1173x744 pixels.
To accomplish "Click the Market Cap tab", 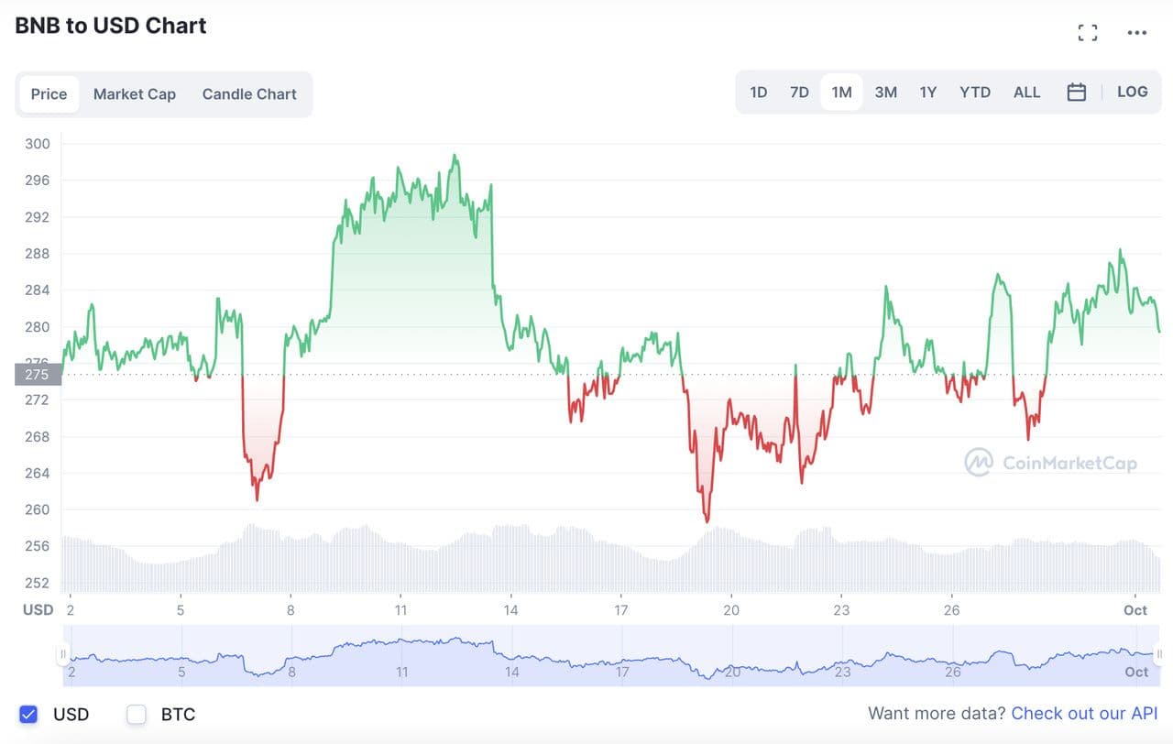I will pyautogui.click(x=134, y=94).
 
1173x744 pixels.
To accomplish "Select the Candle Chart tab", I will pyautogui.click(x=249, y=94).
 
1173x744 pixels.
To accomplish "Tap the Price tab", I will pyautogui.click(x=49, y=94).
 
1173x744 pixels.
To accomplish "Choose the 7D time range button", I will pyautogui.click(x=799, y=93).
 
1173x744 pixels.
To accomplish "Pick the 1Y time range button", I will pyautogui.click(x=927, y=93).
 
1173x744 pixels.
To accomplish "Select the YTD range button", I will pyautogui.click(x=974, y=93).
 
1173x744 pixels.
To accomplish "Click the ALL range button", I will pyautogui.click(x=1026, y=93).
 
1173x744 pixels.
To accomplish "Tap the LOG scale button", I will pyautogui.click(x=1132, y=92).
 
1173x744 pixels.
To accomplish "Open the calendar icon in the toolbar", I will pyautogui.click(x=1077, y=93).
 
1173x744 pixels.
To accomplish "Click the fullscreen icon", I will pyautogui.click(x=1088, y=33).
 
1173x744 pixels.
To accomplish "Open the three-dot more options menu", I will pyautogui.click(x=1137, y=33).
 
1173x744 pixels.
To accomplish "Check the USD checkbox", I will pyautogui.click(x=28, y=714).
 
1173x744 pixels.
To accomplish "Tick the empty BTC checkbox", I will pyautogui.click(x=137, y=714).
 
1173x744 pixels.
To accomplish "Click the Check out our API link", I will pyautogui.click(x=1084, y=714).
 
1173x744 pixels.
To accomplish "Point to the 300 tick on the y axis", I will pyautogui.click(x=38, y=144).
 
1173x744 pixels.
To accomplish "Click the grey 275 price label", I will pyautogui.click(x=38, y=374).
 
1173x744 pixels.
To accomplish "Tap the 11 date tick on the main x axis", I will pyautogui.click(x=401, y=610).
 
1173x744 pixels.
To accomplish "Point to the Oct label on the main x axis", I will pyautogui.click(x=1135, y=610).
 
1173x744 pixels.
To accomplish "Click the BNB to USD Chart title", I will pyautogui.click(x=111, y=26).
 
